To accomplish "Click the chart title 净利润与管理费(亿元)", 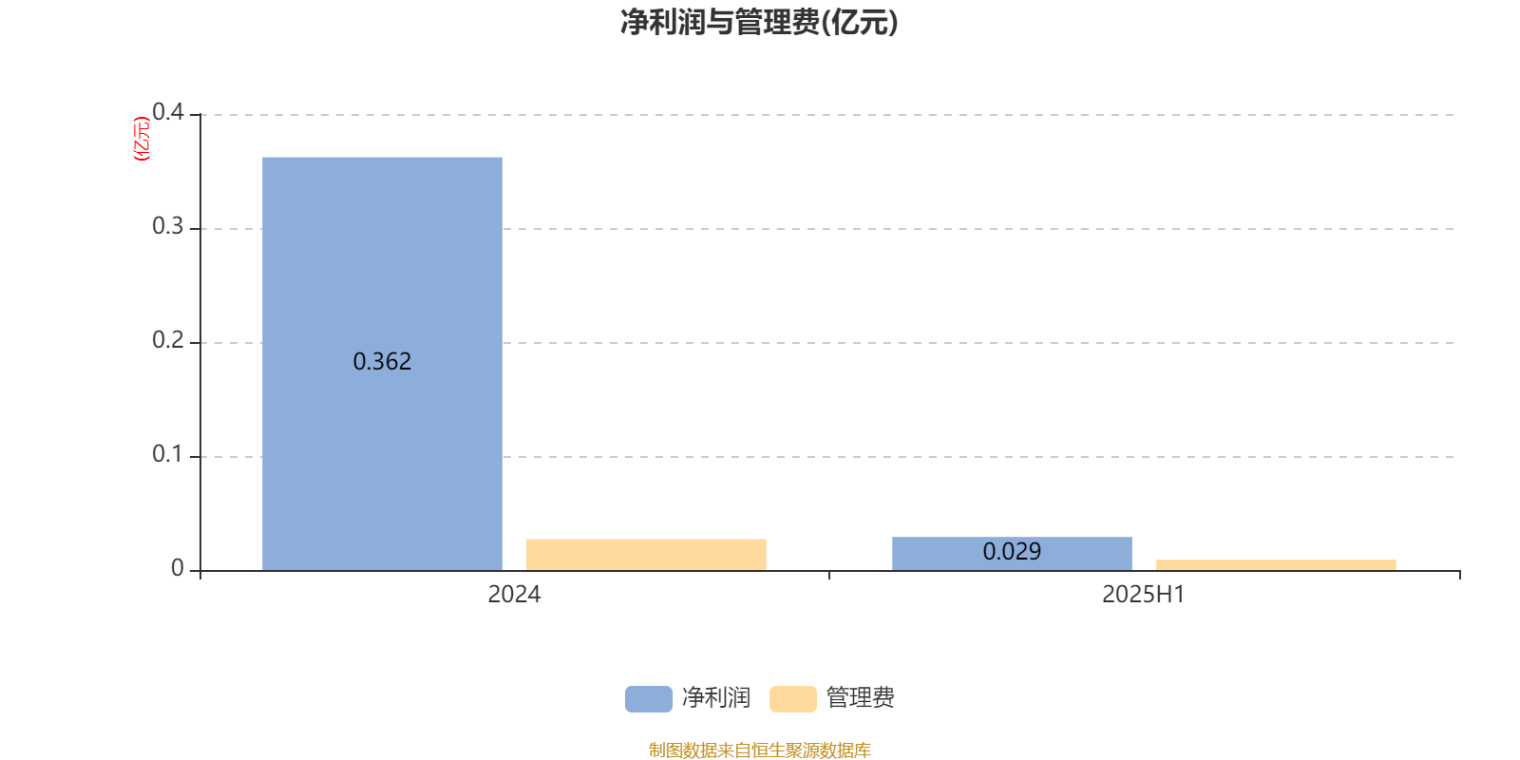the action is click(759, 23).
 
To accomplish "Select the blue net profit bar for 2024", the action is click(382, 364).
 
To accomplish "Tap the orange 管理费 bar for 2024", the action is click(646, 555).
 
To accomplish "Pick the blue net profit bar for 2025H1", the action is click(1012, 554).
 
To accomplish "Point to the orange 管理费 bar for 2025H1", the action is click(1276, 565).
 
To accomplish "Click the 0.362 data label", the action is click(382, 362).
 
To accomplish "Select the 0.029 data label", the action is click(1012, 552).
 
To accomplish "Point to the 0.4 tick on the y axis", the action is click(167, 112).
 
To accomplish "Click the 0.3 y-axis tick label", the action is click(167, 226).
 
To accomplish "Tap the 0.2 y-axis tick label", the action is click(167, 340).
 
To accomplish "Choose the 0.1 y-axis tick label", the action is click(167, 454).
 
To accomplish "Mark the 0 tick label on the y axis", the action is click(177, 568).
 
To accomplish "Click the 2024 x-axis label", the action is click(514, 595).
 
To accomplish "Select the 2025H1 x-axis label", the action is click(1144, 595).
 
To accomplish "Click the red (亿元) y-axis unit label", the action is click(142, 139).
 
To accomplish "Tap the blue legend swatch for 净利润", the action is click(649, 699).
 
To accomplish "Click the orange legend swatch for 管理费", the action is click(792, 699).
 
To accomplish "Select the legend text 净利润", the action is click(716, 698).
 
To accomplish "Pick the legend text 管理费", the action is click(860, 698).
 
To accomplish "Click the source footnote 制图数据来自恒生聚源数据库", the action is click(759, 750).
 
